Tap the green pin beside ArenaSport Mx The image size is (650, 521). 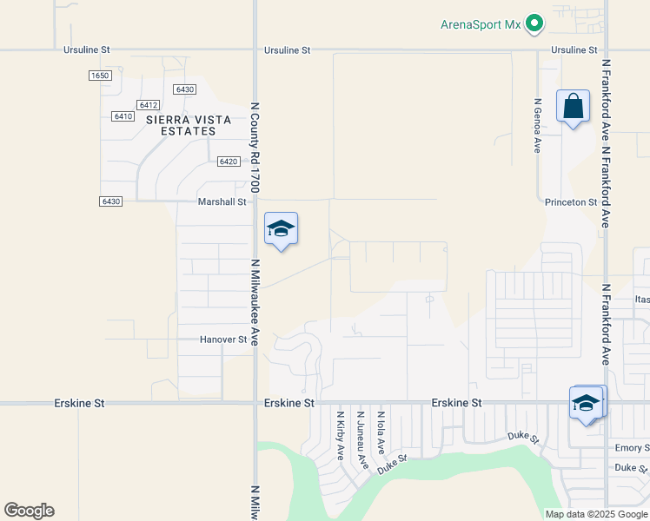(x=535, y=24)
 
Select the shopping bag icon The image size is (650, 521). (x=573, y=108)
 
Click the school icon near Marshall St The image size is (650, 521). (x=281, y=229)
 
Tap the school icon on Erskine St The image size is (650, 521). (x=587, y=404)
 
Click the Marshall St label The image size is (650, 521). (x=222, y=201)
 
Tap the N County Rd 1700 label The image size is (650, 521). (x=255, y=148)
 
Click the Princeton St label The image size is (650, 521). (x=570, y=202)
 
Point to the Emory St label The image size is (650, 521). (x=632, y=448)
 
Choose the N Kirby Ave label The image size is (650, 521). (x=341, y=436)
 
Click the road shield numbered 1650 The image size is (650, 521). (x=100, y=76)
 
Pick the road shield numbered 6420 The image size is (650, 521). (x=229, y=162)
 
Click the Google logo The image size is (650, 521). (x=29, y=511)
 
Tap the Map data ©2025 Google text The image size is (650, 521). (x=595, y=514)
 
